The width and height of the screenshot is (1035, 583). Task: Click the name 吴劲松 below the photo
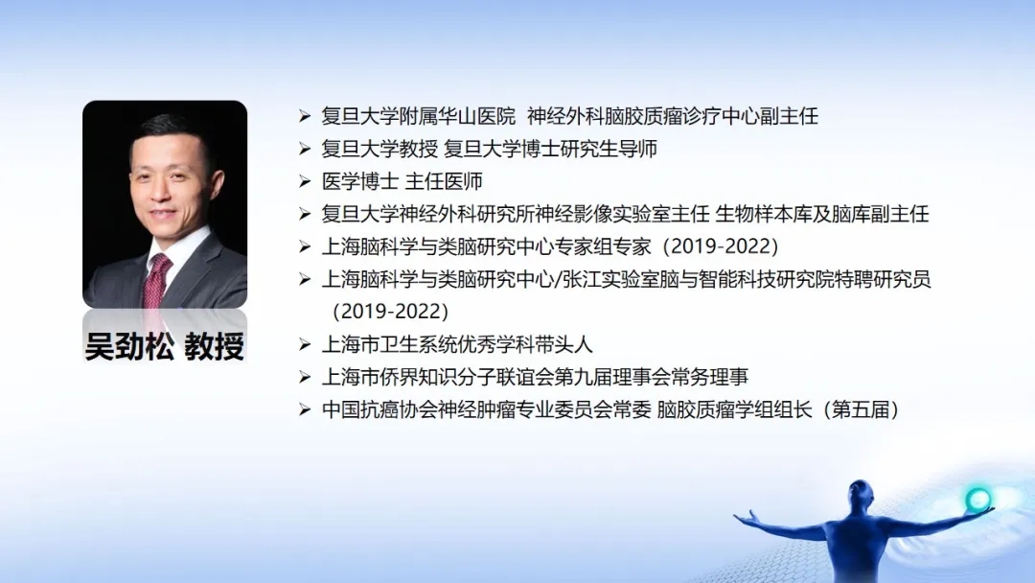[129, 346]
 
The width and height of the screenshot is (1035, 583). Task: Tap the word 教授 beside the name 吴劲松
[215, 346]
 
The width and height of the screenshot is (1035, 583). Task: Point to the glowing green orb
[977, 500]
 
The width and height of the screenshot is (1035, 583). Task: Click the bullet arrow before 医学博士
[305, 181]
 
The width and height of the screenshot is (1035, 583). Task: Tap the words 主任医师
[444, 181]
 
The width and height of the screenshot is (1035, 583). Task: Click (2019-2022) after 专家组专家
[721, 246]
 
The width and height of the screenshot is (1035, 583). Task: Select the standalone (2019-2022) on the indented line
[390, 311]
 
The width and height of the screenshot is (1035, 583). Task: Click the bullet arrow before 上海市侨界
[305, 377]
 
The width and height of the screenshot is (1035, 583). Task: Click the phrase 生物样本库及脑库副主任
[822, 214]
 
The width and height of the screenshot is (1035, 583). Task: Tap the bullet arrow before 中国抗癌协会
[305, 410]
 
